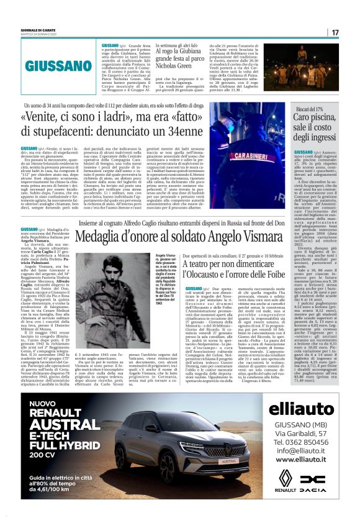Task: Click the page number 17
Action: coord(335,32)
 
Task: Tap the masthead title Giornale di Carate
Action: coord(28,27)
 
